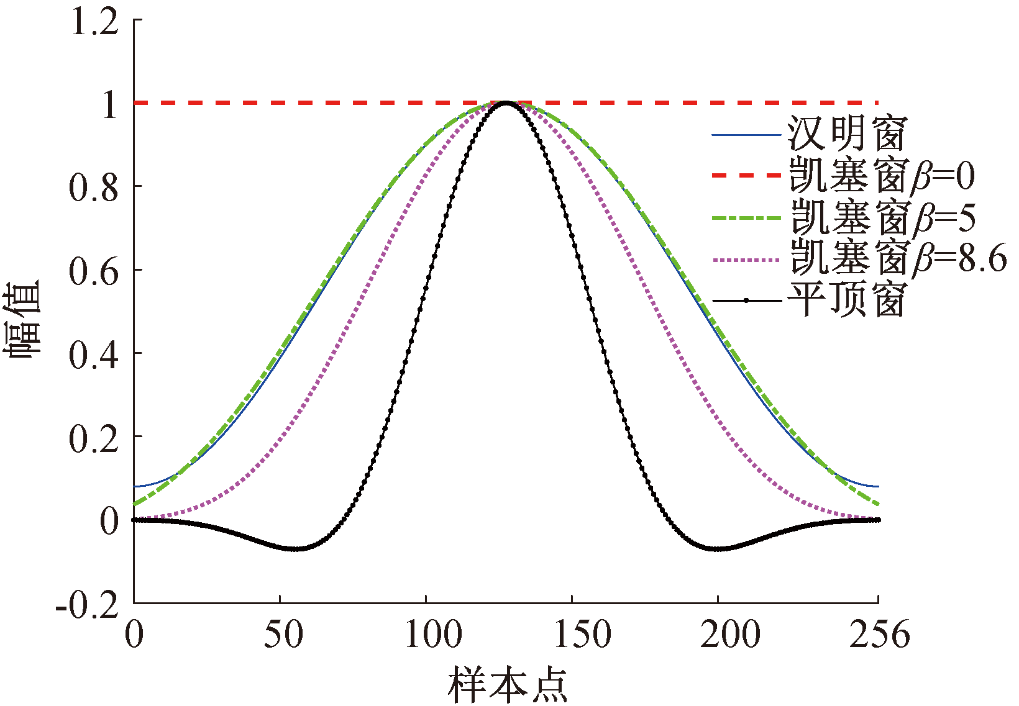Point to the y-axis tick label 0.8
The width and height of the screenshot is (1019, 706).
pos(93,187)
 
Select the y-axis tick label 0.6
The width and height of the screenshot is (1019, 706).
pos(93,271)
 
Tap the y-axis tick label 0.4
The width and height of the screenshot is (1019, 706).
pos(93,354)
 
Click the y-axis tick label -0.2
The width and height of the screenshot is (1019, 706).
pos(87,604)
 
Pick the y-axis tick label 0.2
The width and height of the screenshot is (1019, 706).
pos(93,438)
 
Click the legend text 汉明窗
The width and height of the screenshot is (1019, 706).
pos(847,134)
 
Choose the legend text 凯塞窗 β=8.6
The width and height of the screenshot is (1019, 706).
pos(898,259)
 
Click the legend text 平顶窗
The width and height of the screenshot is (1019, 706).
pos(847,301)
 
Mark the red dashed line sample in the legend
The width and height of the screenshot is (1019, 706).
pos(746,176)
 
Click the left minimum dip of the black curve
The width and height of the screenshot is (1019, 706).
pos(295,549)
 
